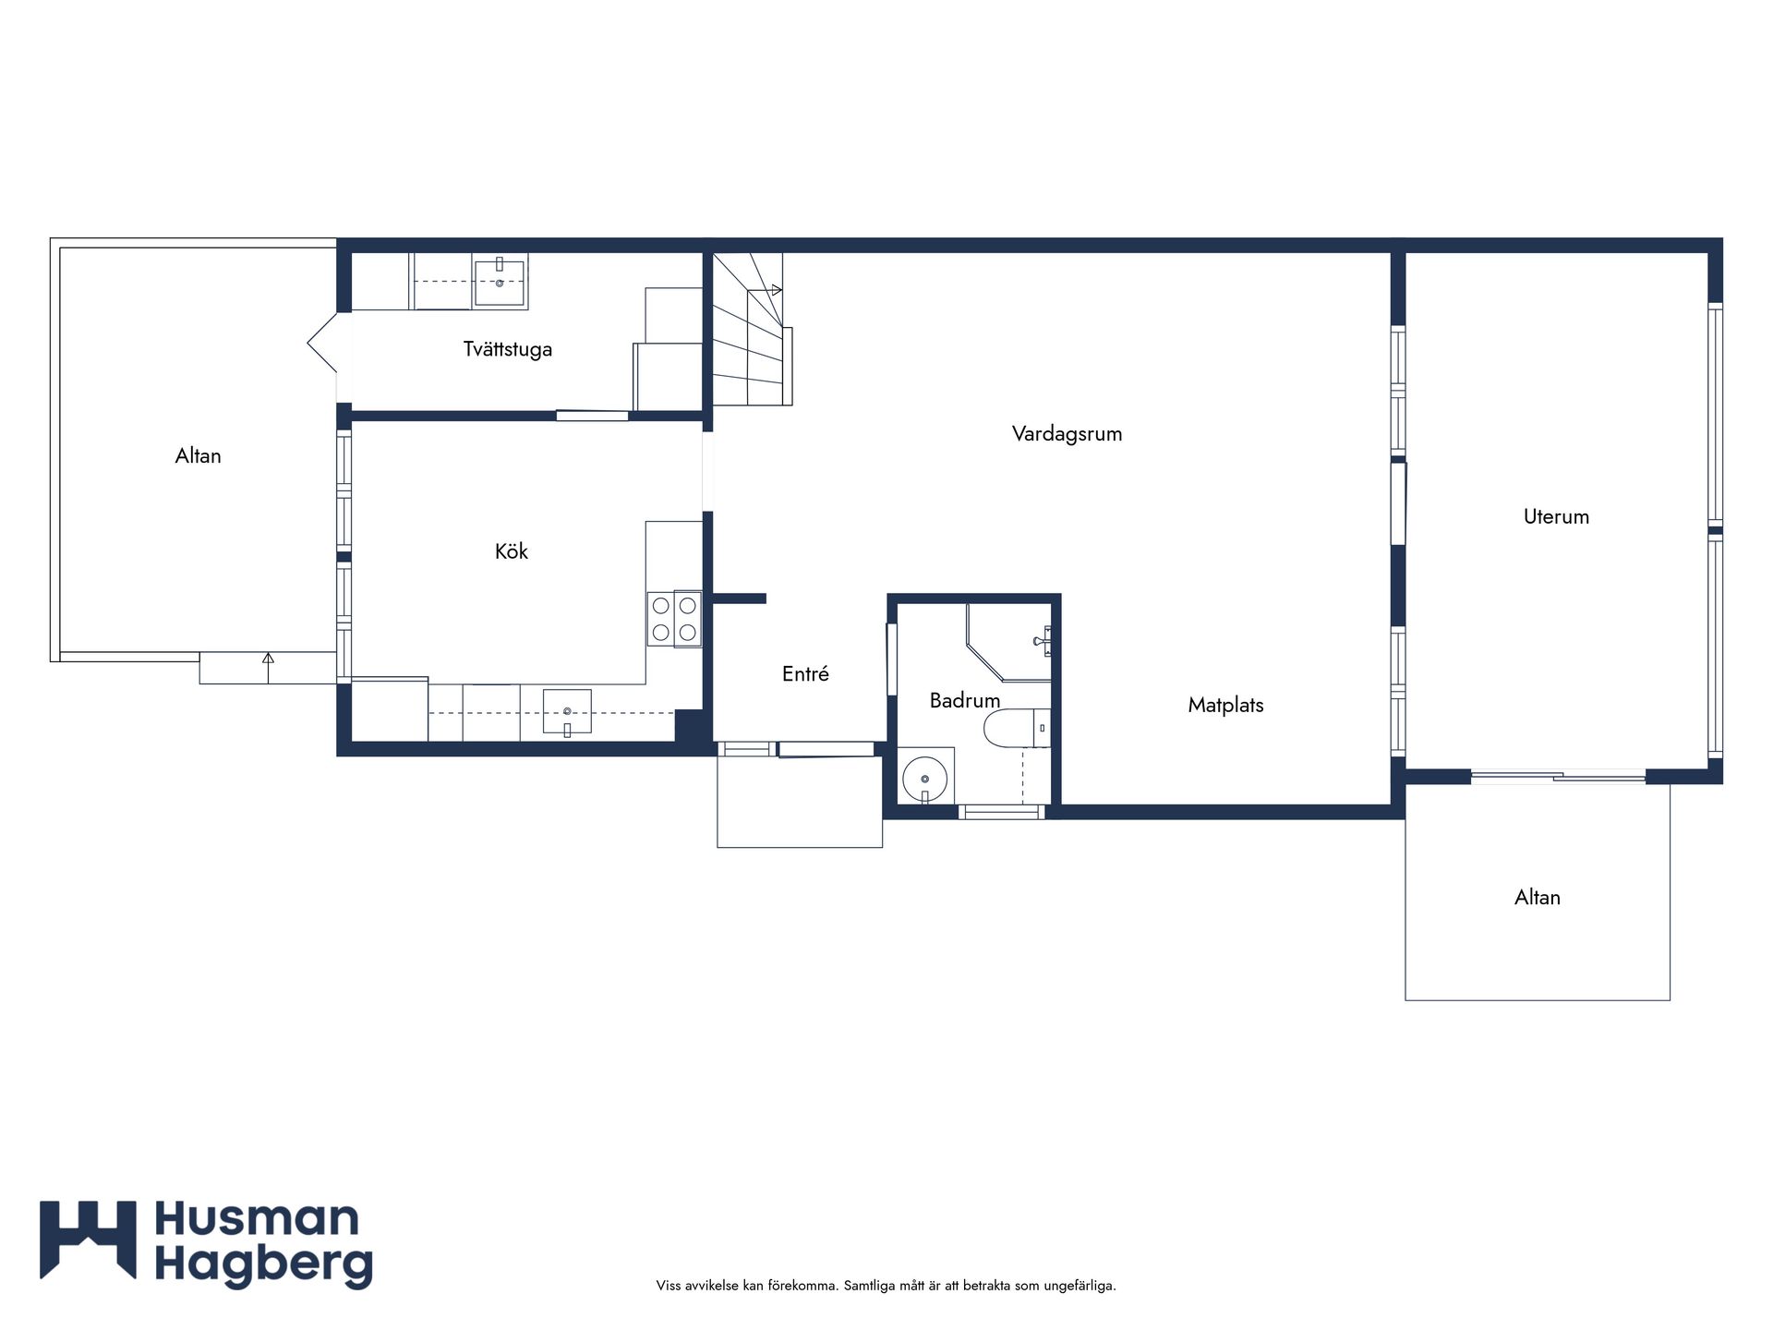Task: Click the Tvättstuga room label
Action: click(x=507, y=349)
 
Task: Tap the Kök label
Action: click(x=511, y=551)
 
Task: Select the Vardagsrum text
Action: click(x=1067, y=433)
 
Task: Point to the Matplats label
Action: click(x=1225, y=705)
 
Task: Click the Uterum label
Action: click(x=1556, y=516)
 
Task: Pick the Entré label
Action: click(x=805, y=674)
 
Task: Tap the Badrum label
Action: click(x=964, y=700)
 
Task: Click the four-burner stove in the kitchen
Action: click(x=674, y=619)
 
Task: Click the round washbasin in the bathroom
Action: click(x=924, y=778)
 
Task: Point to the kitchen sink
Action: click(x=567, y=712)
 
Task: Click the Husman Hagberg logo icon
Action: click(x=88, y=1239)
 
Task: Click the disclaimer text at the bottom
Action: click(x=886, y=1286)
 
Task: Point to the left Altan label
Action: click(x=198, y=455)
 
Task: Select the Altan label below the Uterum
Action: click(x=1537, y=897)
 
